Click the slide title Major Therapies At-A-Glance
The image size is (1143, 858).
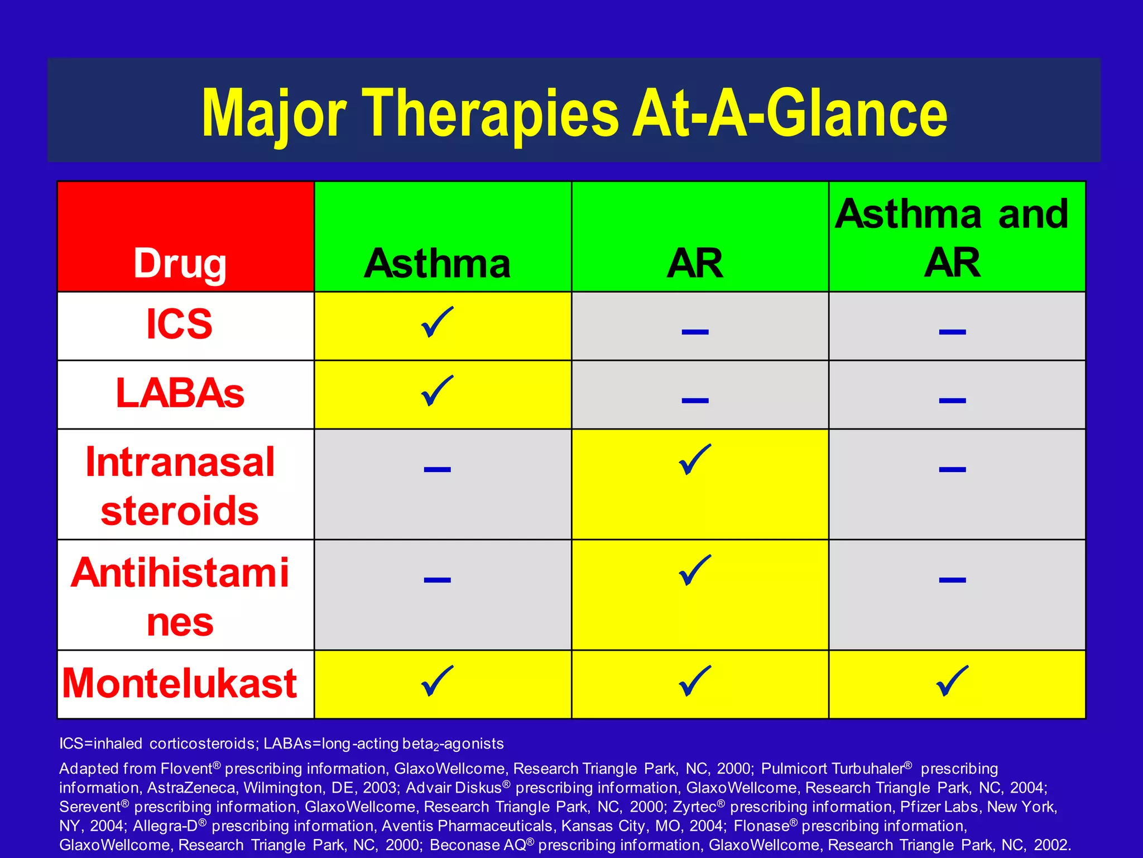pyautogui.click(x=574, y=113)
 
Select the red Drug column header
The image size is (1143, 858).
pyautogui.click(x=180, y=263)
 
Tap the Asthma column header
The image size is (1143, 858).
pyautogui.click(x=437, y=263)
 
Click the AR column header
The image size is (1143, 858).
pyautogui.click(x=695, y=263)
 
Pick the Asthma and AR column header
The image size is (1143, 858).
pyautogui.click(x=952, y=237)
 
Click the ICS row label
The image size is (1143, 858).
pyautogui.click(x=179, y=325)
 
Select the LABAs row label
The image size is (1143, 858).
pyautogui.click(x=180, y=393)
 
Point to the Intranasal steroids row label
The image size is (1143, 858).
pyautogui.click(x=180, y=486)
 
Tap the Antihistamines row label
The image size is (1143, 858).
pyautogui.click(x=180, y=597)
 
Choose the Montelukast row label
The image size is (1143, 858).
pyautogui.click(x=180, y=683)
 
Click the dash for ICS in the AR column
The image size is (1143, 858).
pyautogui.click(x=695, y=332)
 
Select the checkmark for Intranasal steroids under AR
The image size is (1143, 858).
pyautogui.click(x=695, y=460)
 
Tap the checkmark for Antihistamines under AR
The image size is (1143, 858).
pyautogui.click(x=695, y=570)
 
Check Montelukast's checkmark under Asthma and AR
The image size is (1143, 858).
pyautogui.click(x=952, y=681)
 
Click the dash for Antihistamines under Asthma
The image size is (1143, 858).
pyautogui.click(x=437, y=580)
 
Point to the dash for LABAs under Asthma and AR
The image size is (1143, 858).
pyautogui.click(x=952, y=401)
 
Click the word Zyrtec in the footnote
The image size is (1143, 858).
pyautogui.click(x=694, y=807)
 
